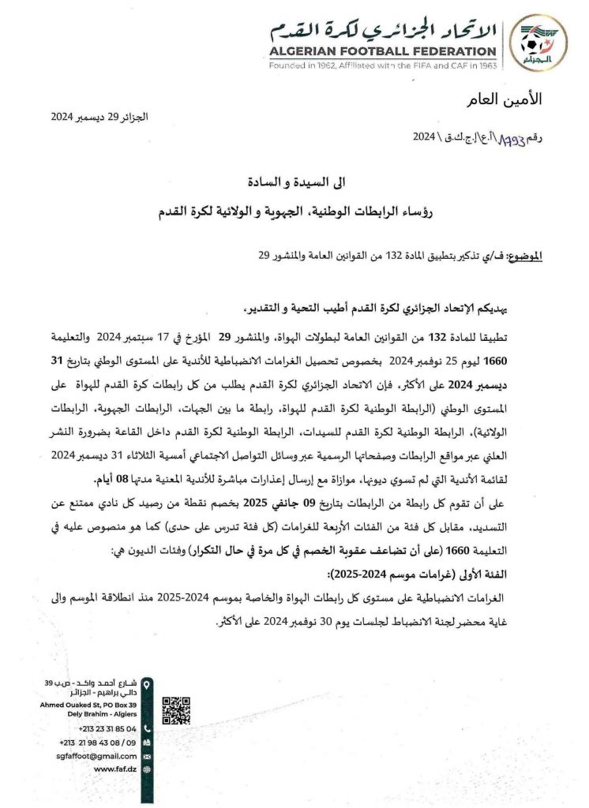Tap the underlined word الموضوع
[x=524, y=256]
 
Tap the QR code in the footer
[x=176, y=710]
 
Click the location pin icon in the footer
[x=147, y=684]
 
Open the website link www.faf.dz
[x=114, y=769]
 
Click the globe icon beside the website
[x=147, y=769]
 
